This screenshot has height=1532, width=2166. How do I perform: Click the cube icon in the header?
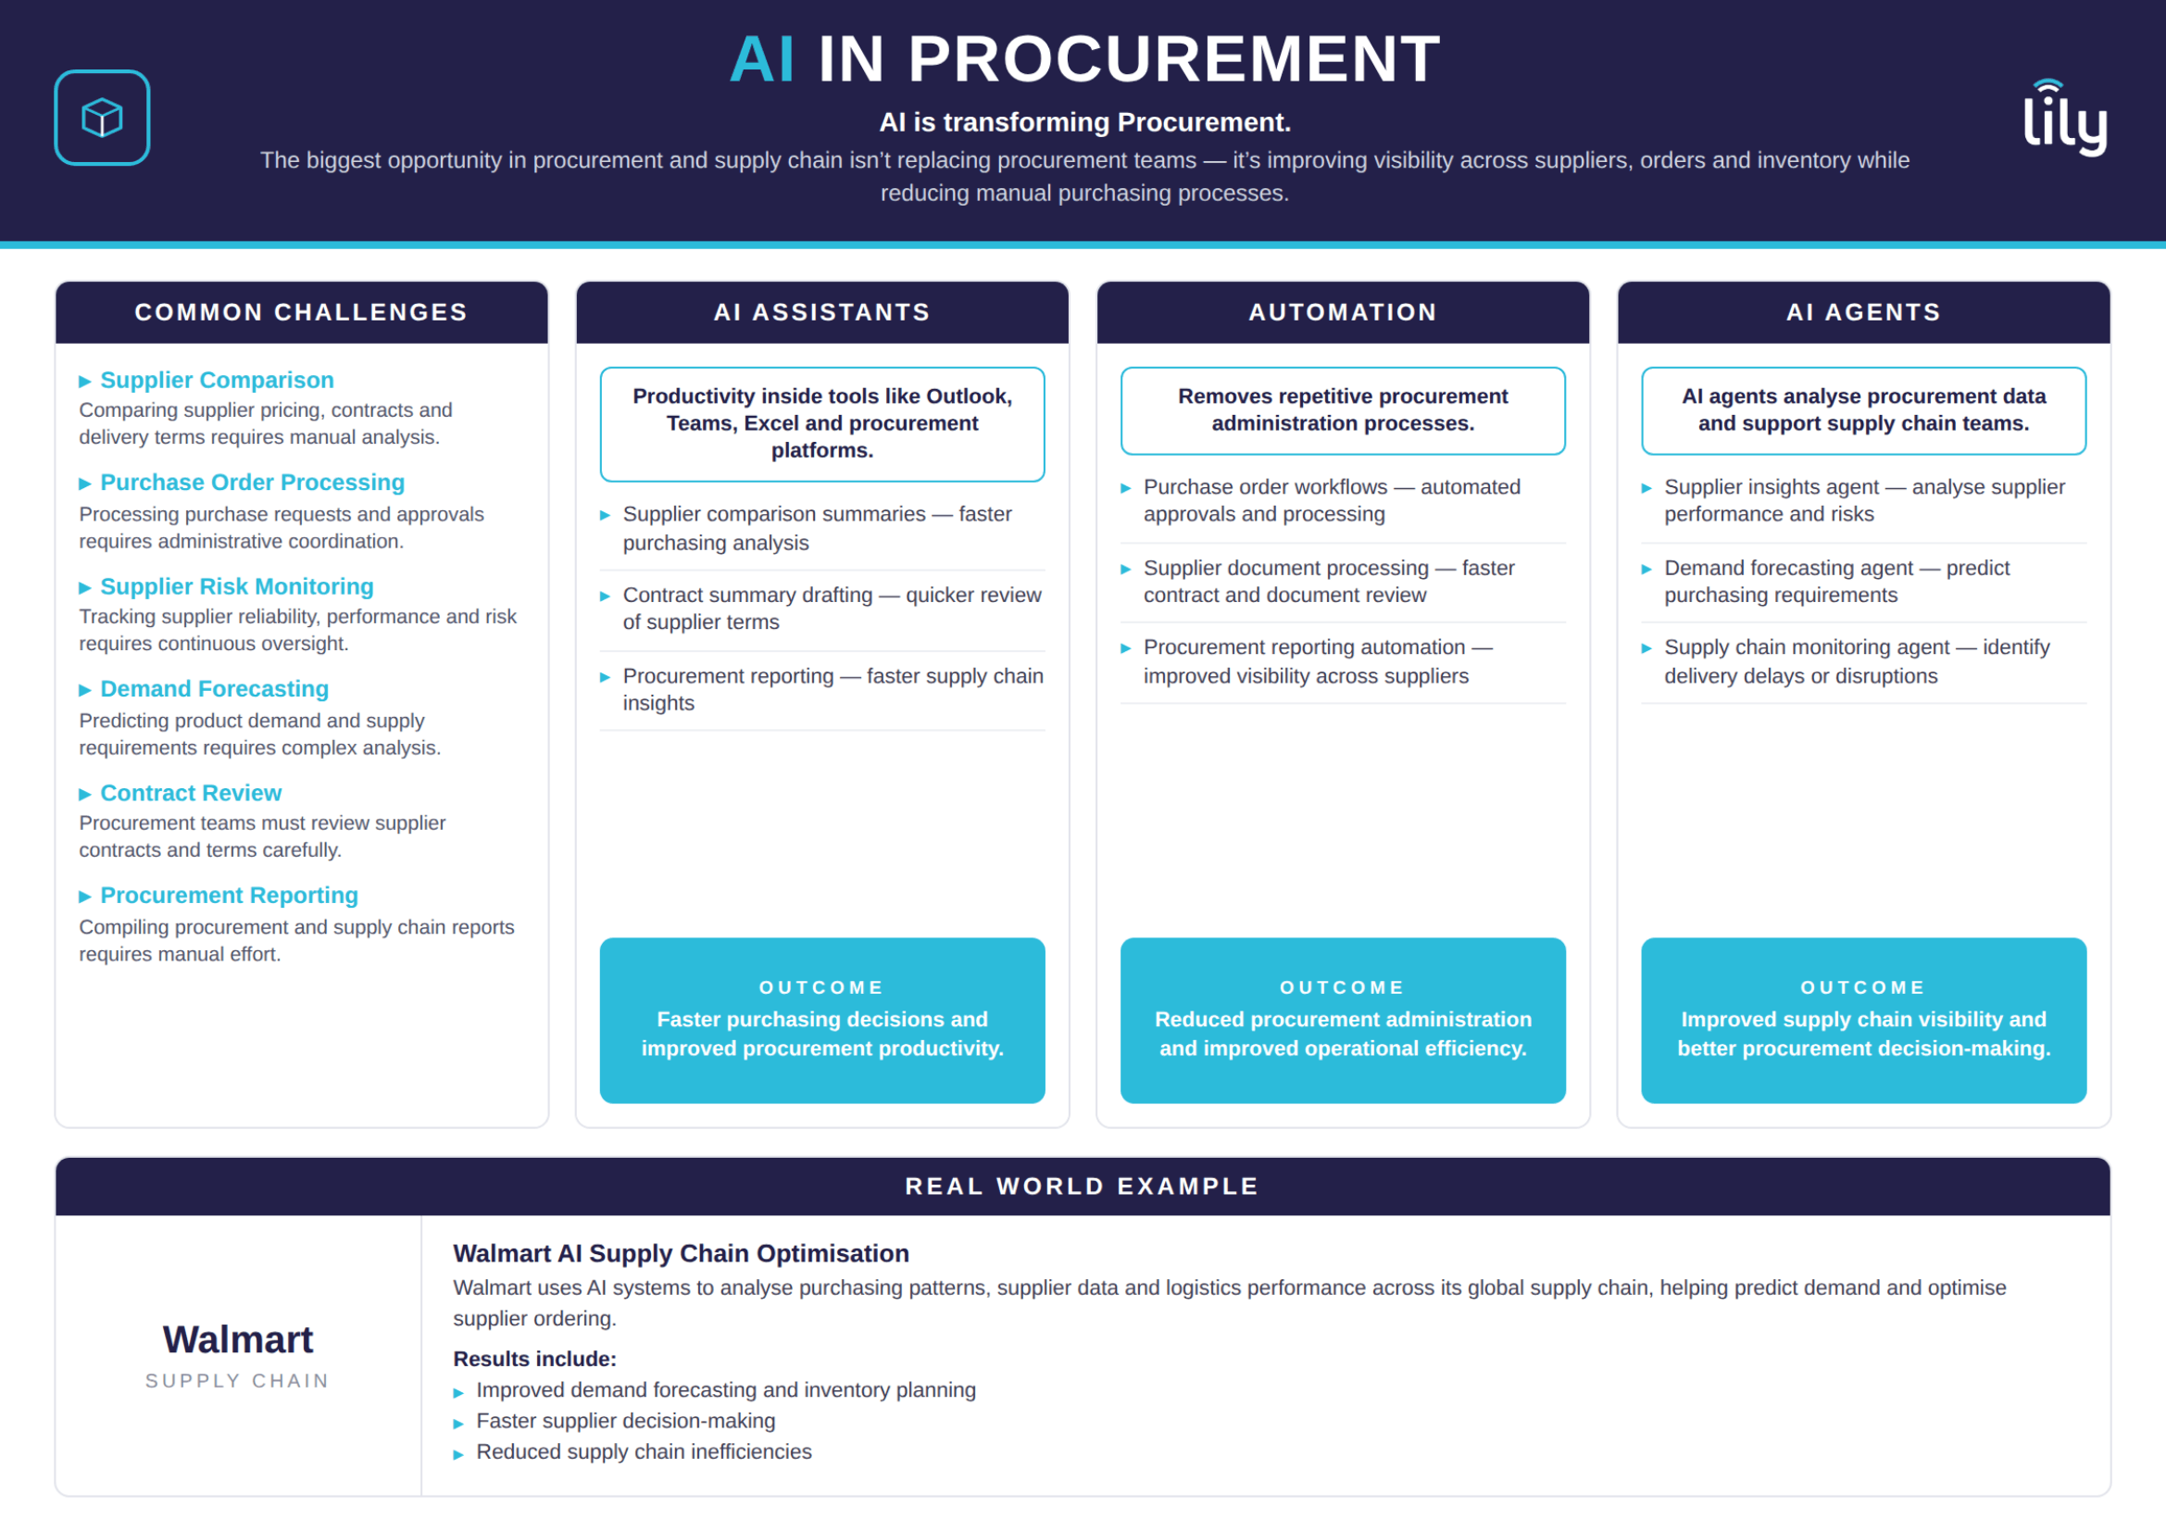point(102,118)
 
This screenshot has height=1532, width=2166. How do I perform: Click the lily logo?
point(2065,117)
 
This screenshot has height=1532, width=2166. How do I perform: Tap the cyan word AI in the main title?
point(762,59)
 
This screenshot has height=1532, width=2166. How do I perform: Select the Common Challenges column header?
point(301,312)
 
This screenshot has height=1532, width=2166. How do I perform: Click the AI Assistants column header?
point(821,312)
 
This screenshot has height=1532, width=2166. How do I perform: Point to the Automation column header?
point(1343,312)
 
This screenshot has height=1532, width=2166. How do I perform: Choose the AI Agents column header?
point(1863,312)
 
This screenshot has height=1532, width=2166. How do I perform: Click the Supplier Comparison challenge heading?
point(217,380)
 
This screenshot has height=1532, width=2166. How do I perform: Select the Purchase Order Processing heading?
point(252,483)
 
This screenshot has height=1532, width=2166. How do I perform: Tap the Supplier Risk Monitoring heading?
point(237,586)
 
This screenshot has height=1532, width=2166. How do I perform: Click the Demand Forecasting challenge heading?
point(214,690)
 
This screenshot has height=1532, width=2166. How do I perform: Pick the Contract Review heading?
point(191,794)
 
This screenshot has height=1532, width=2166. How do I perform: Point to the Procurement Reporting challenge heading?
point(230,897)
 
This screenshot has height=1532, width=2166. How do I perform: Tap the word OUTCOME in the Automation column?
point(1343,987)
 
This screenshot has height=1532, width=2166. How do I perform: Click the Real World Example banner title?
point(1082,1187)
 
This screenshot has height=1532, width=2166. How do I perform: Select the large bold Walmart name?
point(238,1340)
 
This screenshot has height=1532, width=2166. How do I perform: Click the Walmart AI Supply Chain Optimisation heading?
point(682,1254)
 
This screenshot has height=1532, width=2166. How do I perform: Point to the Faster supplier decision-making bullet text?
point(625,1422)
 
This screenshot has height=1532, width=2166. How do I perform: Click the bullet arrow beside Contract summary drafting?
point(605,596)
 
